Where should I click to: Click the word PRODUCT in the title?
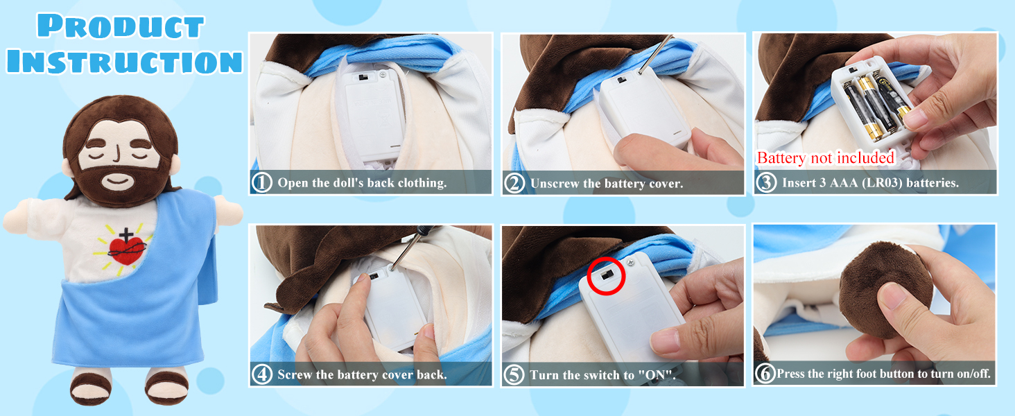121,26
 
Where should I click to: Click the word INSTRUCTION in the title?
124,61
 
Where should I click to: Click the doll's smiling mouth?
117,181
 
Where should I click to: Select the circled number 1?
262,182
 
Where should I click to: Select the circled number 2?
514,184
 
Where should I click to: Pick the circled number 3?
766,182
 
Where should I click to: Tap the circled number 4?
262,375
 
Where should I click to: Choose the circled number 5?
514,375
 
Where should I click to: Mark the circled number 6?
765,374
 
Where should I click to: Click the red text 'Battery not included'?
826,157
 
